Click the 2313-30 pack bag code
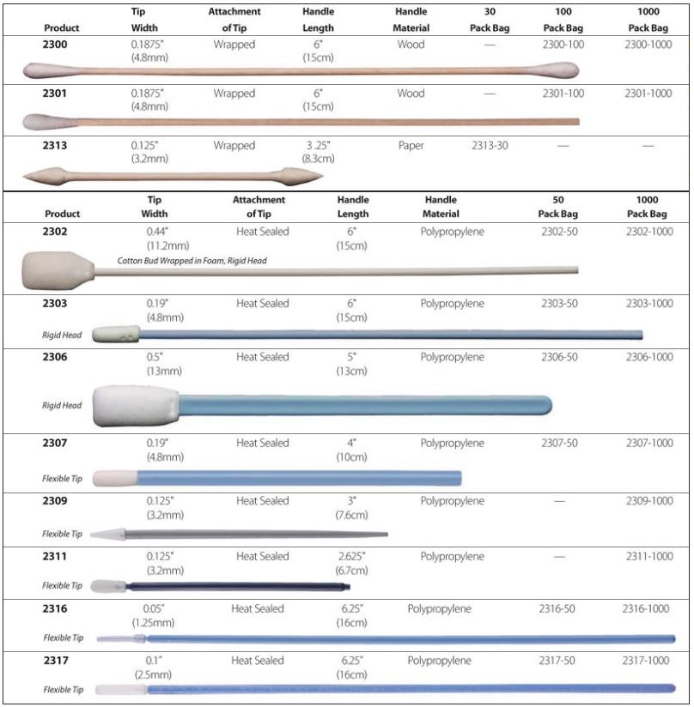tap(490, 146)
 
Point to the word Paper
tap(411, 146)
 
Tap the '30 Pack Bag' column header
tap(490, 21)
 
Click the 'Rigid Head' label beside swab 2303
tap(62, 335)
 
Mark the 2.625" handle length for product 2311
tap(352, 557)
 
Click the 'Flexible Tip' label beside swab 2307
tap(62, 478)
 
